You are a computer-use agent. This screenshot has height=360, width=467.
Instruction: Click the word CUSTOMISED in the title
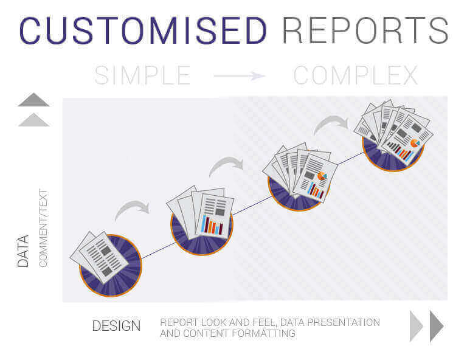coord(143,30)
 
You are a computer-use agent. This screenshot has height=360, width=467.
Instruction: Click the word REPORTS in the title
coord(365,30)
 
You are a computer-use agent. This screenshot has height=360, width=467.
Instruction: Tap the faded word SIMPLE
coord(142,75)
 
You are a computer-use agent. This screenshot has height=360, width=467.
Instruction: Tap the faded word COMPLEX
coord(356,75)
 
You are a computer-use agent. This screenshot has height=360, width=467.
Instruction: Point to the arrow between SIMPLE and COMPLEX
coord(240,75)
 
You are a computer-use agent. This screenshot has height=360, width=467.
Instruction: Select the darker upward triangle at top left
coord(33,100)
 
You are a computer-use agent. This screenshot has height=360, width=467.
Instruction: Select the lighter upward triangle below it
coord(33,120)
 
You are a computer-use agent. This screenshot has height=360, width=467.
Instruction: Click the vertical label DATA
coord(23,251)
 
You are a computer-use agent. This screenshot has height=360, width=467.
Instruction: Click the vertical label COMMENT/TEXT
coord(43,228)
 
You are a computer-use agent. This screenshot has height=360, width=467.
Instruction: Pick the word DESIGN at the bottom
coord(116,326)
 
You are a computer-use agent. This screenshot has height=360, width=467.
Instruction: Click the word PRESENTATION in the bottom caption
coord(344,322)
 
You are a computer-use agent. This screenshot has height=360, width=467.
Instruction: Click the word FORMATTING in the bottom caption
coord(264,333)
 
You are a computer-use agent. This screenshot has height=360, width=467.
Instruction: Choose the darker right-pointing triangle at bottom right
coord(437,327)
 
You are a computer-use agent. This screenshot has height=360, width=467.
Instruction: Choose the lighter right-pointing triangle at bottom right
coord(417,327)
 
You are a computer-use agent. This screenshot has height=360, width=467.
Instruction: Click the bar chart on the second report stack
coord(212,225)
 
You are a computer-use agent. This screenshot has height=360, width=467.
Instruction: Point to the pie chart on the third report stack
coord(322,176)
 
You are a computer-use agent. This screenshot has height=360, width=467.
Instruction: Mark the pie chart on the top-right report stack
coord(415,144)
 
